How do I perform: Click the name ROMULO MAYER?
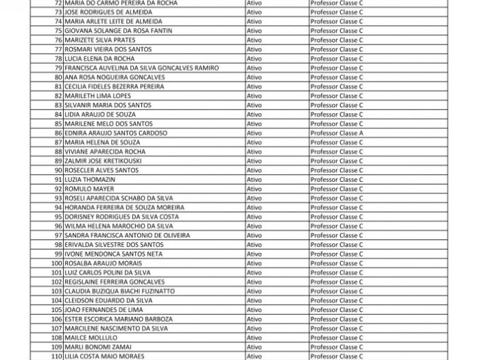[85, 189]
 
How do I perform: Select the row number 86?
[58, 133]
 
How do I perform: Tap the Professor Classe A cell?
[337, 133]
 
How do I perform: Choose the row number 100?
[56, 263]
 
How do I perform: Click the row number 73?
[58, 12]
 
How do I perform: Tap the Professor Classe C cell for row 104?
[337, 300]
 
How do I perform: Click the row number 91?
[58, 179]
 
